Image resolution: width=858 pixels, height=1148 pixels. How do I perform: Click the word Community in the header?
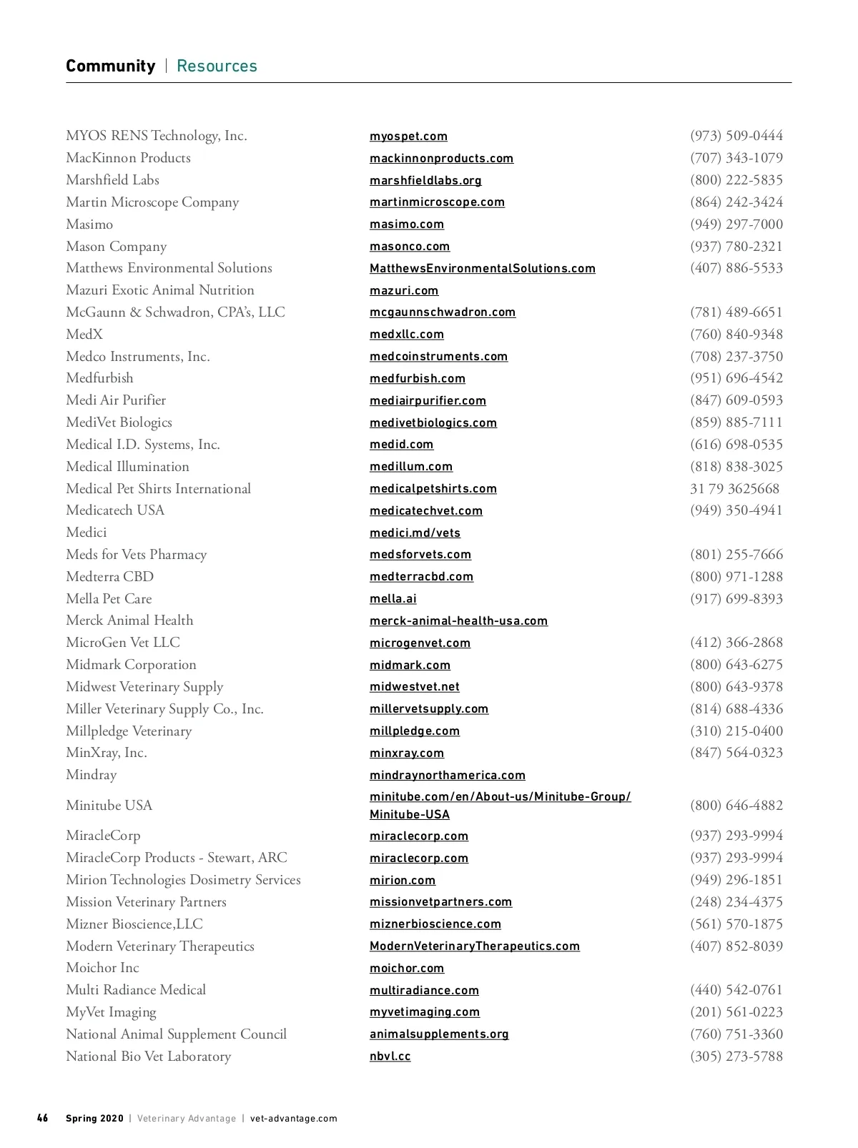click(x=110, y=66)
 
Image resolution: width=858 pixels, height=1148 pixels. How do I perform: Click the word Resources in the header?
click(x=217, y=66)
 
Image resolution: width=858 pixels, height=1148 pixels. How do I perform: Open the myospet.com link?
click(x=408, y=137)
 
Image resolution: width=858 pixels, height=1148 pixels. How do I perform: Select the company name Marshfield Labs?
click(x=112, y=180)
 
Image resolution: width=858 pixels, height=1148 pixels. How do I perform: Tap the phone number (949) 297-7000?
click(x=736, y=224)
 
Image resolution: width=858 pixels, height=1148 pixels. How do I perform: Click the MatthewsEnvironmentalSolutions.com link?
click(x=482, y=269)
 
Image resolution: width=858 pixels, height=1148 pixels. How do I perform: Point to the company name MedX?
click(x=84, y=335)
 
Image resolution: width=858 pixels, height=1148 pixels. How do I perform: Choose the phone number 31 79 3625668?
click(x=734, y=489)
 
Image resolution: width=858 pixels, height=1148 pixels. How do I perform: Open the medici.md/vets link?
click(x=415, y=533)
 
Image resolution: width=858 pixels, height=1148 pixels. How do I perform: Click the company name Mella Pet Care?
click(x=109, y=599)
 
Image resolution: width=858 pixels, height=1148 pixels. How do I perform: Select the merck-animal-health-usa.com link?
click(x=458, y=621)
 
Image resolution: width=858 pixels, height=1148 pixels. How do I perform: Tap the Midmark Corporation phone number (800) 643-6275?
click(x=736, y=665)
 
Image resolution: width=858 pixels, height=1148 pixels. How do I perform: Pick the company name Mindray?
click(x=91, y=775)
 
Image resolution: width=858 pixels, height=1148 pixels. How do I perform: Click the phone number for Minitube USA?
click(x=736, y=806)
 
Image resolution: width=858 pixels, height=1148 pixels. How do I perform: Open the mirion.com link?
click(x=402, y=881)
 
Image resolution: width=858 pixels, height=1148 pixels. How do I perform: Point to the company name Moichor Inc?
click(x=102, y=968)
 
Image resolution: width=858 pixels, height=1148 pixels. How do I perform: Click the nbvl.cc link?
click(x=390, y=1057)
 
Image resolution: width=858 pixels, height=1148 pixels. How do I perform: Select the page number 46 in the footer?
click(x=43, y=1119)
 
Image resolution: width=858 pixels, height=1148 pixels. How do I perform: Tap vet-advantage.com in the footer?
click(x=294, y=1119)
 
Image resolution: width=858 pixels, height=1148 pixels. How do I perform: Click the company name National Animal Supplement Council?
click(x=176, y=1034)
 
